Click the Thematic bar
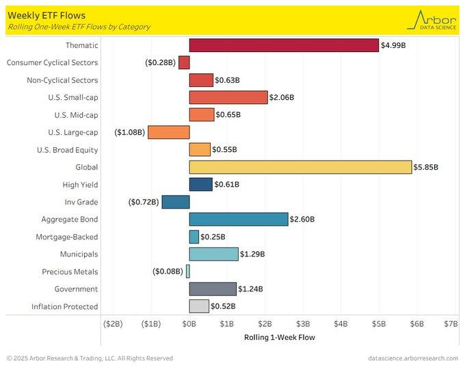[x=284, y=45]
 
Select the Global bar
[x=300, y=167]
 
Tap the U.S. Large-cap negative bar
[x=168, y=132]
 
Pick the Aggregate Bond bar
[x=239, y=219]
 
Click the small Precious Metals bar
[x=187, y=271]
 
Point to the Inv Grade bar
[x=176, y=202]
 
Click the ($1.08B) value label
[x=130, y=132]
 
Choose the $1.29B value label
[x=253, y=254]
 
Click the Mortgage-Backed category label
[x=67, y=237]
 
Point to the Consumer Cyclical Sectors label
[x=53, y=62]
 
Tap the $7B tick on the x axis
[x=451, y=323]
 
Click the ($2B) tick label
[x=113, y=323]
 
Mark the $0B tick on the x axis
[x=189, y=323]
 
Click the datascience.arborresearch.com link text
[x=412, y=358]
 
